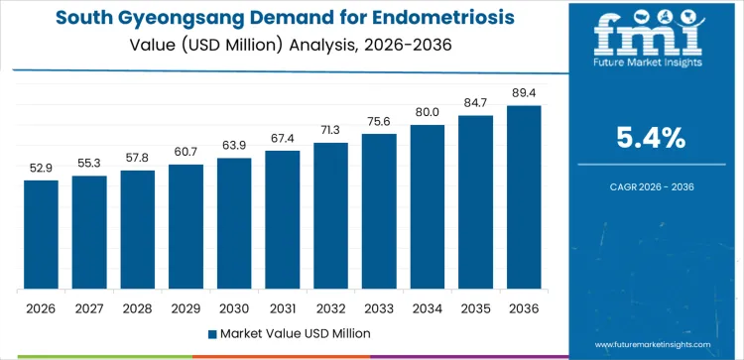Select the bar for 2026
(x=41, y=235)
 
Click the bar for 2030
(x=234, y=224)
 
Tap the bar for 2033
(x=379, y=211)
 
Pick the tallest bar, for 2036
(x=524, y=197)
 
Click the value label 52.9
(x=41, y=168)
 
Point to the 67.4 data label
(x=283, y=138)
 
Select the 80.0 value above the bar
(x=428, y=112)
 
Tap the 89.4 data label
(x=524, y=92)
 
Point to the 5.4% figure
(x=651, y=138)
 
